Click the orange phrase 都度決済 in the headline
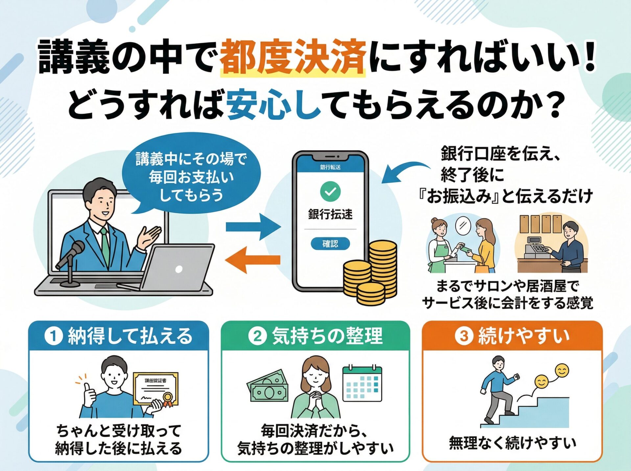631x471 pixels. point(292,56)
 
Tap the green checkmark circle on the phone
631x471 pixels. point(330,191)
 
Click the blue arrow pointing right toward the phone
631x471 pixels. point(253,227)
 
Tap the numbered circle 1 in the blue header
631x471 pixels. point(54,336)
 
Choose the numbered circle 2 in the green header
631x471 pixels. point(257,336)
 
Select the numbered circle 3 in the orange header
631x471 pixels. point(463,336)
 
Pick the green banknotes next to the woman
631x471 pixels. point(268,386)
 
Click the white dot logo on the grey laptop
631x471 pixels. point(179,269)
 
